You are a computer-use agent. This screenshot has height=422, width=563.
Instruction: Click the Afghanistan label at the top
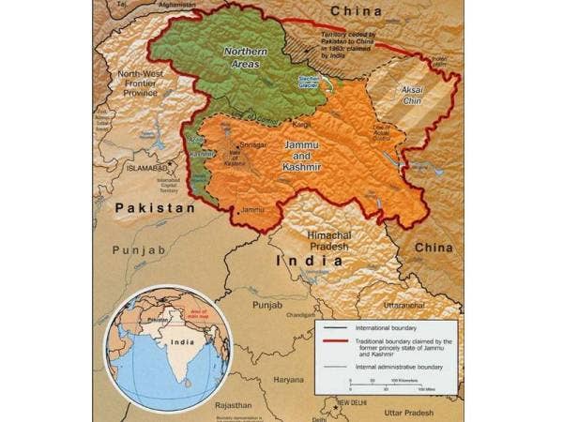[x=182, y=5]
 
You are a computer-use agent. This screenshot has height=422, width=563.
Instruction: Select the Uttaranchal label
[x=406, y=306]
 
